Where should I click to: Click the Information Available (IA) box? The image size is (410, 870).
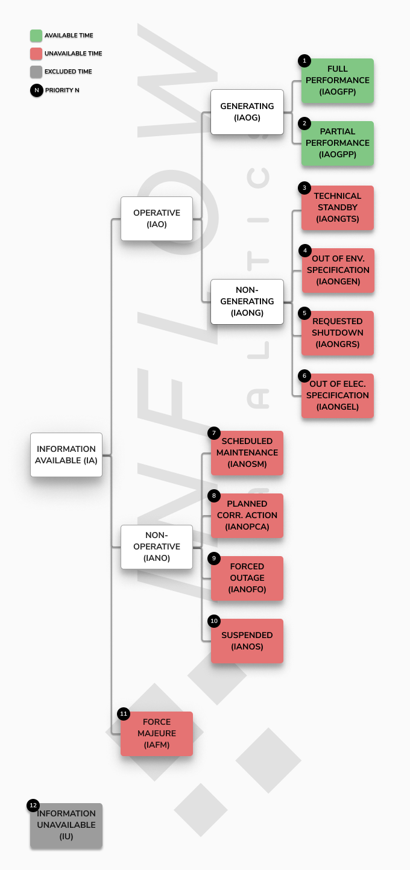click(66, 454)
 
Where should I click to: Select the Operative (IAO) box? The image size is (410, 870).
click(157, 219)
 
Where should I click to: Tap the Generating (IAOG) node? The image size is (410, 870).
click(247, 112)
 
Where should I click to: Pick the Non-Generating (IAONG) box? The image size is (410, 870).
click(247, 301)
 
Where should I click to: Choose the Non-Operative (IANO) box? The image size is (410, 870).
click(157, 547)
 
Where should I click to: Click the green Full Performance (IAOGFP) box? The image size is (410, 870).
click(337, 80)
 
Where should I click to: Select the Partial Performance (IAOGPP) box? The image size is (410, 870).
click(337, 143)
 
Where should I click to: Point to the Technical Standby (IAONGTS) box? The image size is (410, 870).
click(337, 208)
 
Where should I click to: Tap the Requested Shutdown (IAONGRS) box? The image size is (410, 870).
click(337, 333)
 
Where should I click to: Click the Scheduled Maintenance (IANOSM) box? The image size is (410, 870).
click(247, 453)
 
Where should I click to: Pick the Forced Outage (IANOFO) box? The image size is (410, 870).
click(247, 578)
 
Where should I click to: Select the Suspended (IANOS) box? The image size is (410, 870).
click(247, 641)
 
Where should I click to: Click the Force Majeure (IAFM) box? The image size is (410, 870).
click(157, 734)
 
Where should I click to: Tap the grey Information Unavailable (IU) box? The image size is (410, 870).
click(66, 826)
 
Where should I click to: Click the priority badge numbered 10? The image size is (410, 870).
click(214, 621)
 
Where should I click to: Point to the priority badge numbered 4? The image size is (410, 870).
click(304, 251)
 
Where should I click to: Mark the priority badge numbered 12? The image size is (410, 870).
click(33, 806)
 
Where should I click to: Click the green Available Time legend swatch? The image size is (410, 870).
click(36, 36)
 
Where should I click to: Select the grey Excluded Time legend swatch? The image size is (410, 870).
click(36, 72)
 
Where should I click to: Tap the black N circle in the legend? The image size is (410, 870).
click(37, 90)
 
